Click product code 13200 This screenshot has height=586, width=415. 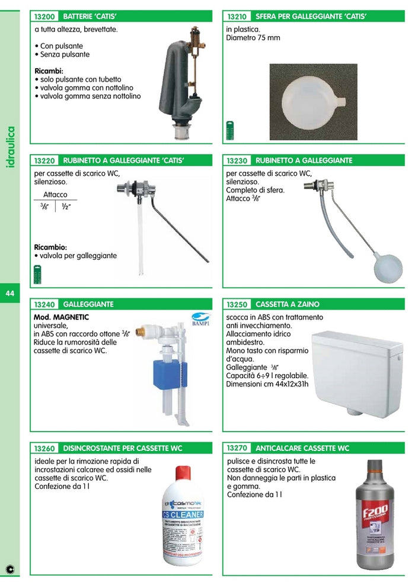coord(44,17)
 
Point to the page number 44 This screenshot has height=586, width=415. coord(10,294)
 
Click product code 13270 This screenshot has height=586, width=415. coord(237,448)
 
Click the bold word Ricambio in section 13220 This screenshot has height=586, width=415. coord(50,247)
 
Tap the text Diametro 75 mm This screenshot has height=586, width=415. coord(253,38)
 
